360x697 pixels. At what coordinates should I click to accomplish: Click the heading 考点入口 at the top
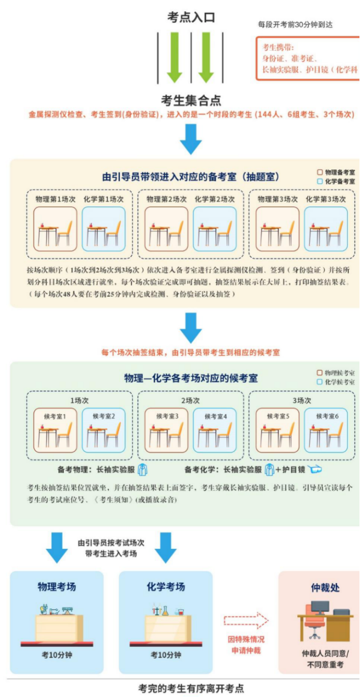point(191,18)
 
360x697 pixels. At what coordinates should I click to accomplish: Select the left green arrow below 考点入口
point(174,57)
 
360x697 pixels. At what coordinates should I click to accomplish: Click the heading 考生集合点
point(191,101)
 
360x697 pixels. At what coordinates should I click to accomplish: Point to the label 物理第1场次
point(55,199)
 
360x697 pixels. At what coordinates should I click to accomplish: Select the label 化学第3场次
point(325,199)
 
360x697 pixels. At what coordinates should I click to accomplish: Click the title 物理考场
point(56,586)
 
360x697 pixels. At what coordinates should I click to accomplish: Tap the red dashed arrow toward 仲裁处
point(246,620)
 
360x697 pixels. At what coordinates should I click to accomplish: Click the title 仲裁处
point(325,588)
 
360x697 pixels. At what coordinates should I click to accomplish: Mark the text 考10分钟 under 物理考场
point(56,655)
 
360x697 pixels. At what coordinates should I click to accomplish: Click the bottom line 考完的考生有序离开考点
point(191,688)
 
